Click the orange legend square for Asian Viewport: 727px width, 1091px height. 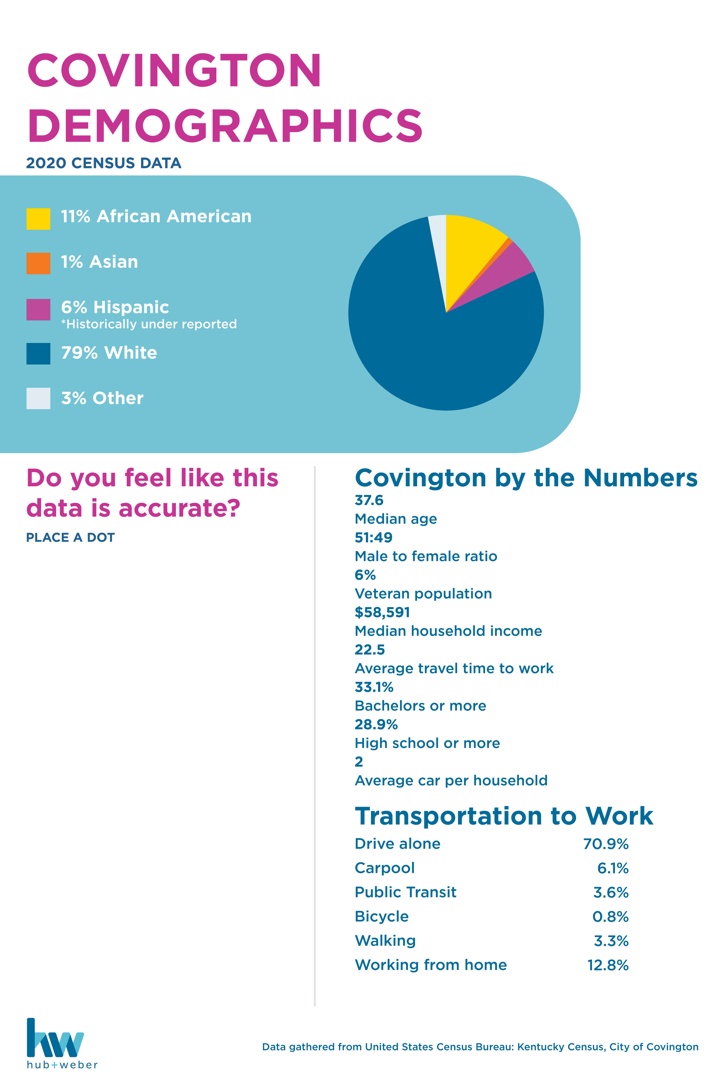[38, 264]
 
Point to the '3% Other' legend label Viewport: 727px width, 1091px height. [102, 398]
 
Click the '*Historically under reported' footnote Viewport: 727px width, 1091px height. [149, 324]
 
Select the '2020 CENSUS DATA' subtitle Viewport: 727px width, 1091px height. [104, 163]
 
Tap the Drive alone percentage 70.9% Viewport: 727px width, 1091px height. [605, 844]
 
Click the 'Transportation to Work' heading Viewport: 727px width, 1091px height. [504, 816]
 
